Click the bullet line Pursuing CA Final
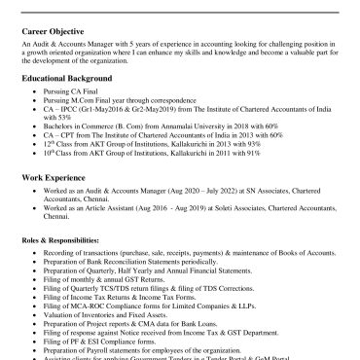(x=78, y=116)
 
